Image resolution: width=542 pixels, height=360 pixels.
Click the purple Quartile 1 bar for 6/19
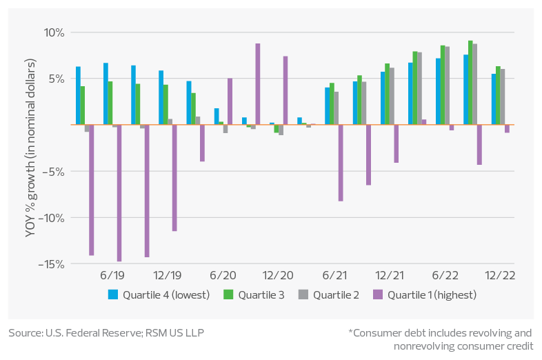pos(119,193)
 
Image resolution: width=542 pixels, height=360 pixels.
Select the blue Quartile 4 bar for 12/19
pos(161,97)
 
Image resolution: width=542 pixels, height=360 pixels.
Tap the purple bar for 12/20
pos(285,90)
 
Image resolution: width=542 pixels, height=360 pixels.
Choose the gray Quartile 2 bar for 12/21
pos(392,96)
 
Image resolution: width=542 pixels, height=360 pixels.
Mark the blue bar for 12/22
pos(494,99)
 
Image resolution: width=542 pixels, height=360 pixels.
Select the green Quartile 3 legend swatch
pos(229,295)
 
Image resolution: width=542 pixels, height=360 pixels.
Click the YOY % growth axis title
pos(31,148)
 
